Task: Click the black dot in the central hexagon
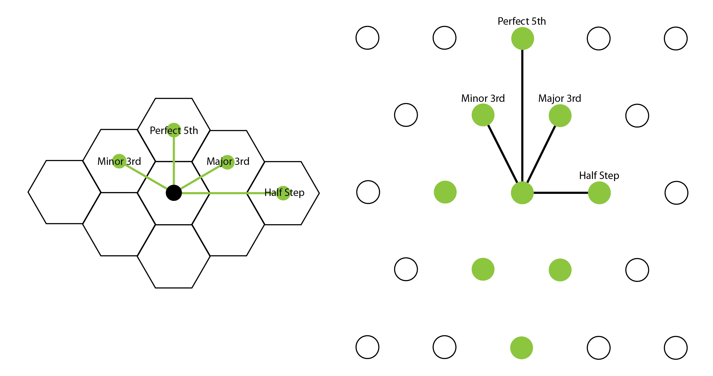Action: pyautogui.click(x=174, y=193)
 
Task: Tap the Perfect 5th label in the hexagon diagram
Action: pyautogui.click(x=174, y=130)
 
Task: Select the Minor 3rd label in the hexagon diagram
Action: pyautogui.click(x=119, y=161)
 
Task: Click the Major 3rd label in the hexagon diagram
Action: pyautogui.click(x=228, y=161)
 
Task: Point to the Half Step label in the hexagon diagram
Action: pyautogui.click(x=284, y=192)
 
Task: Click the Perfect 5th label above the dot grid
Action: pyautogui.click(x=522, y=21)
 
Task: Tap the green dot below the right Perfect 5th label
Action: pyautogui.click(x=523, y=39)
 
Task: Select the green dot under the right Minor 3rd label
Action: pyautogui.click(x=483, y=115)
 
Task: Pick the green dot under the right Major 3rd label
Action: pyautogui.click(x=560, y=115)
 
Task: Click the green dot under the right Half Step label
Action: pyautogui.click(x=599, y=193)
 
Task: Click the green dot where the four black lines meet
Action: pyautogui.click(x=522, y=193)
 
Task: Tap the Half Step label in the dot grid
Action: pyautogui.click(x=599, y=175)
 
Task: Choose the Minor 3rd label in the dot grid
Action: pyautogui.click(x=483, y=98)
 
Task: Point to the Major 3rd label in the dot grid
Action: pyautogui.click(x=560, y=98)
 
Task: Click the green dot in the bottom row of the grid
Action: pyautogui.click(x=522, y=348)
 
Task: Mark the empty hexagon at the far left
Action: pyautogui.click(x=64, y=192)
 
